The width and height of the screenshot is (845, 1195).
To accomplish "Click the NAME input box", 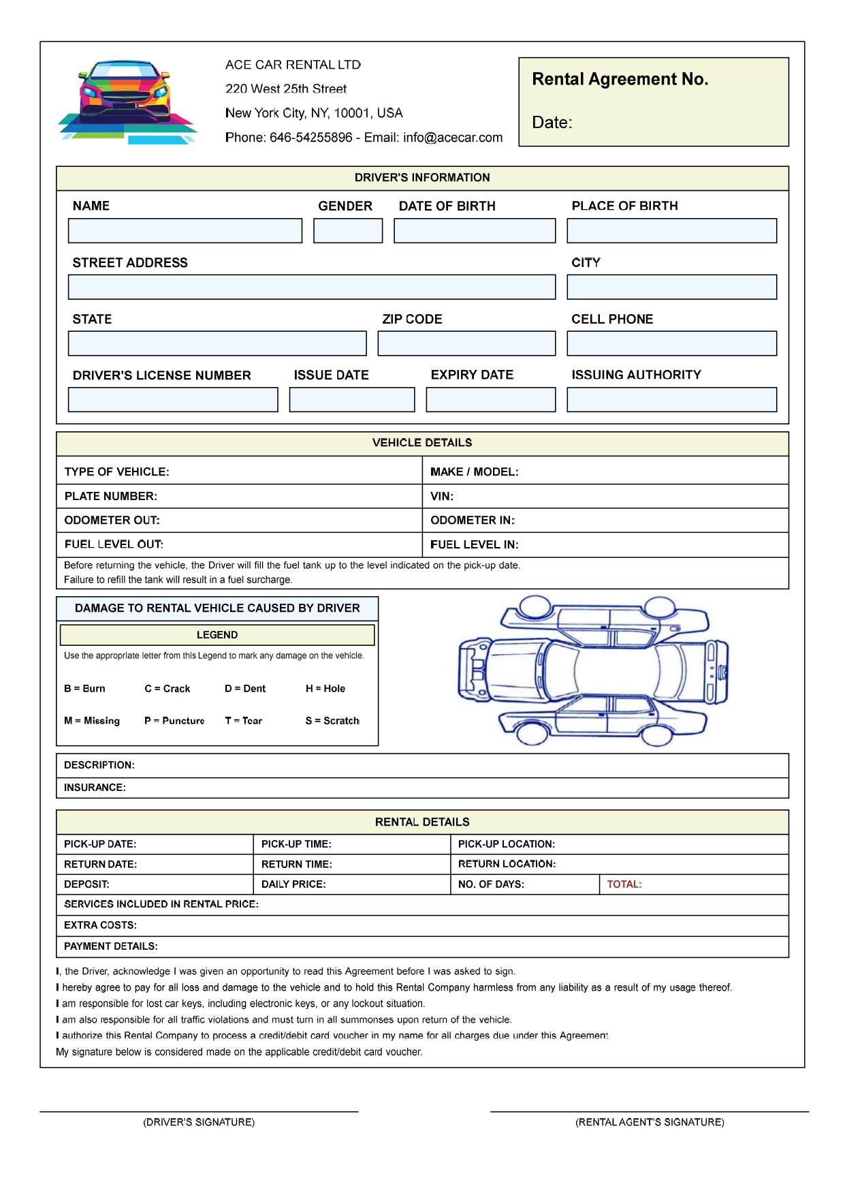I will (185, 231).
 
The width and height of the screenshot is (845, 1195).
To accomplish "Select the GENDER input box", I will (348, 231).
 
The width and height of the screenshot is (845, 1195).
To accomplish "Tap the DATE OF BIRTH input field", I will (475, 231).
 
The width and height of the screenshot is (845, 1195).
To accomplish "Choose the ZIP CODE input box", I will (466, 343).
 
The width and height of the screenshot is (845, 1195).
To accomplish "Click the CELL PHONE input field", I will (671, 343).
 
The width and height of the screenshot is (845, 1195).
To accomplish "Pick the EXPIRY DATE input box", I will (490, 400).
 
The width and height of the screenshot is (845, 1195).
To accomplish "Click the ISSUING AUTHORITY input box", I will (671, 400).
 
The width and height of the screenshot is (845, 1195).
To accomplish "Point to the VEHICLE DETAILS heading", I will (422, 443).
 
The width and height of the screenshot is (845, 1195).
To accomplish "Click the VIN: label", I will (442, 497).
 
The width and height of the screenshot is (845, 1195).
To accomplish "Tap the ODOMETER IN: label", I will (473, 521).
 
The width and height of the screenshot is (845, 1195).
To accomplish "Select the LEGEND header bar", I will (217, 635).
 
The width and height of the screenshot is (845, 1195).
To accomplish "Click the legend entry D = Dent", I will (245, 689).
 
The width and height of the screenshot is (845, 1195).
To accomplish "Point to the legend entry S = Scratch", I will (332, 721).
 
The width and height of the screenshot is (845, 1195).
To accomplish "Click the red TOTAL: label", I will (624, 884).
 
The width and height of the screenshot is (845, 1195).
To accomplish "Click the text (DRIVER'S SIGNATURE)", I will (199, 1122).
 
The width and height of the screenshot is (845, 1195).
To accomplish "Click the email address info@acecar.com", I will (453, 138).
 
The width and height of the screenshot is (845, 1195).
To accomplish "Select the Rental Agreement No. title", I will (620, 80).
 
